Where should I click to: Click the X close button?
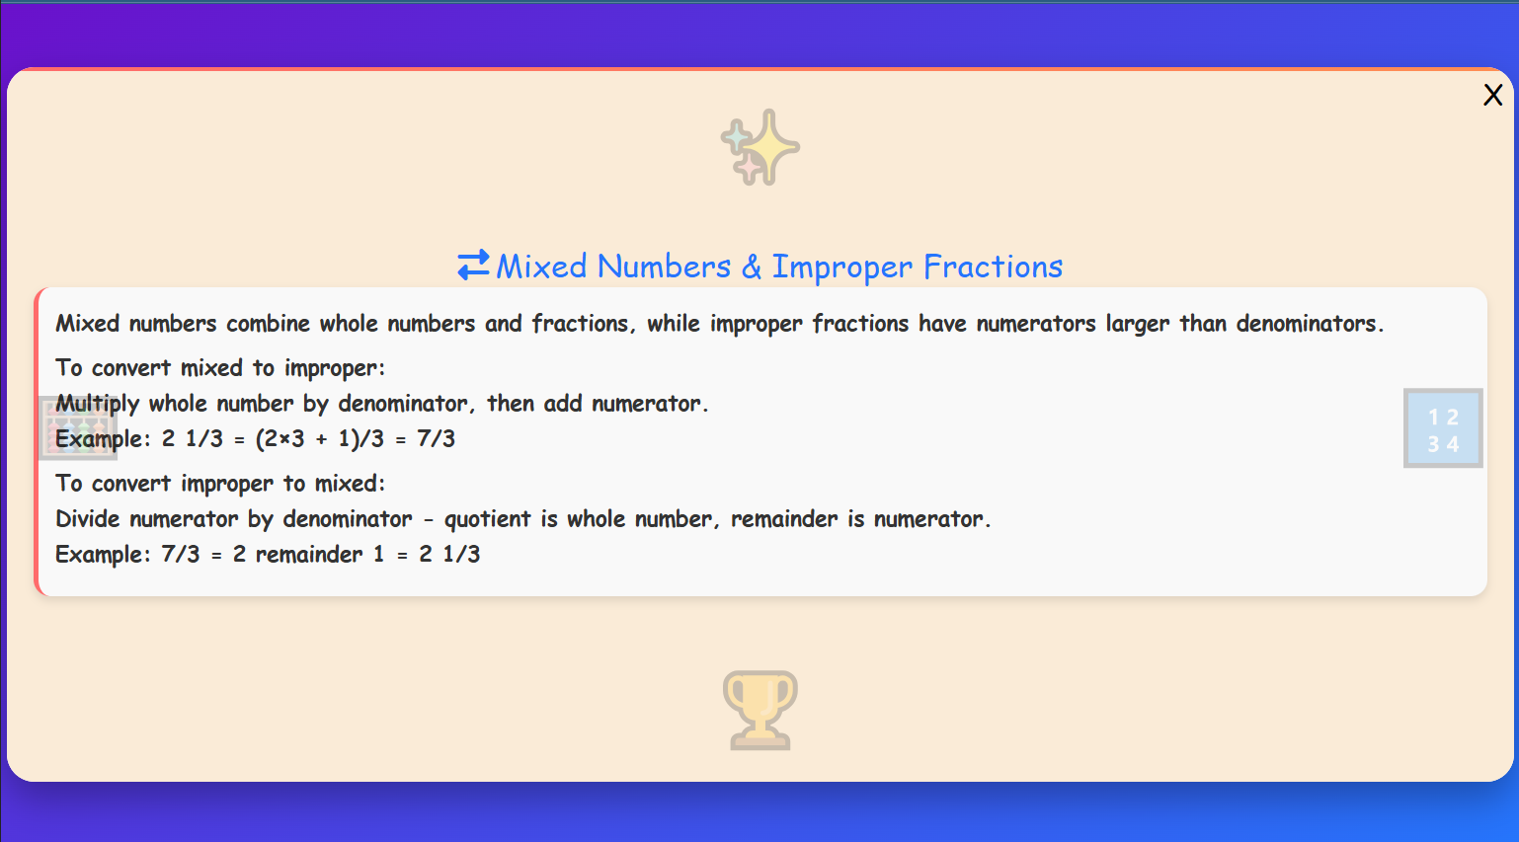[x=1492, y=95]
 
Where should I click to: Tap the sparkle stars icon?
[x=759, y=147]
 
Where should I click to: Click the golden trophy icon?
[x=759, y=710]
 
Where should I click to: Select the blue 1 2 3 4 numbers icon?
[x=1443, y=428]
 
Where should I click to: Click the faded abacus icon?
[x=77, y=428]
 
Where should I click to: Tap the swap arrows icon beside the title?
[x=473, y=266]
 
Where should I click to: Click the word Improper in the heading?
[x=841, y=267]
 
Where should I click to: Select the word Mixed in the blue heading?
[x=541, y=267]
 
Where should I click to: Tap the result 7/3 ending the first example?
[x=436, y=438]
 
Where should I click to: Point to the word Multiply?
[x=97, y=404]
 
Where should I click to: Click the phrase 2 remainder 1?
[x=308, y=555]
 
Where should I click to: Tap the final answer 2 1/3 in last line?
[x=449, y=555]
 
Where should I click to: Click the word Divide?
[x=87, y=519]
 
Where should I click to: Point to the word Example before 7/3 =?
[x=102, y=555]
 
